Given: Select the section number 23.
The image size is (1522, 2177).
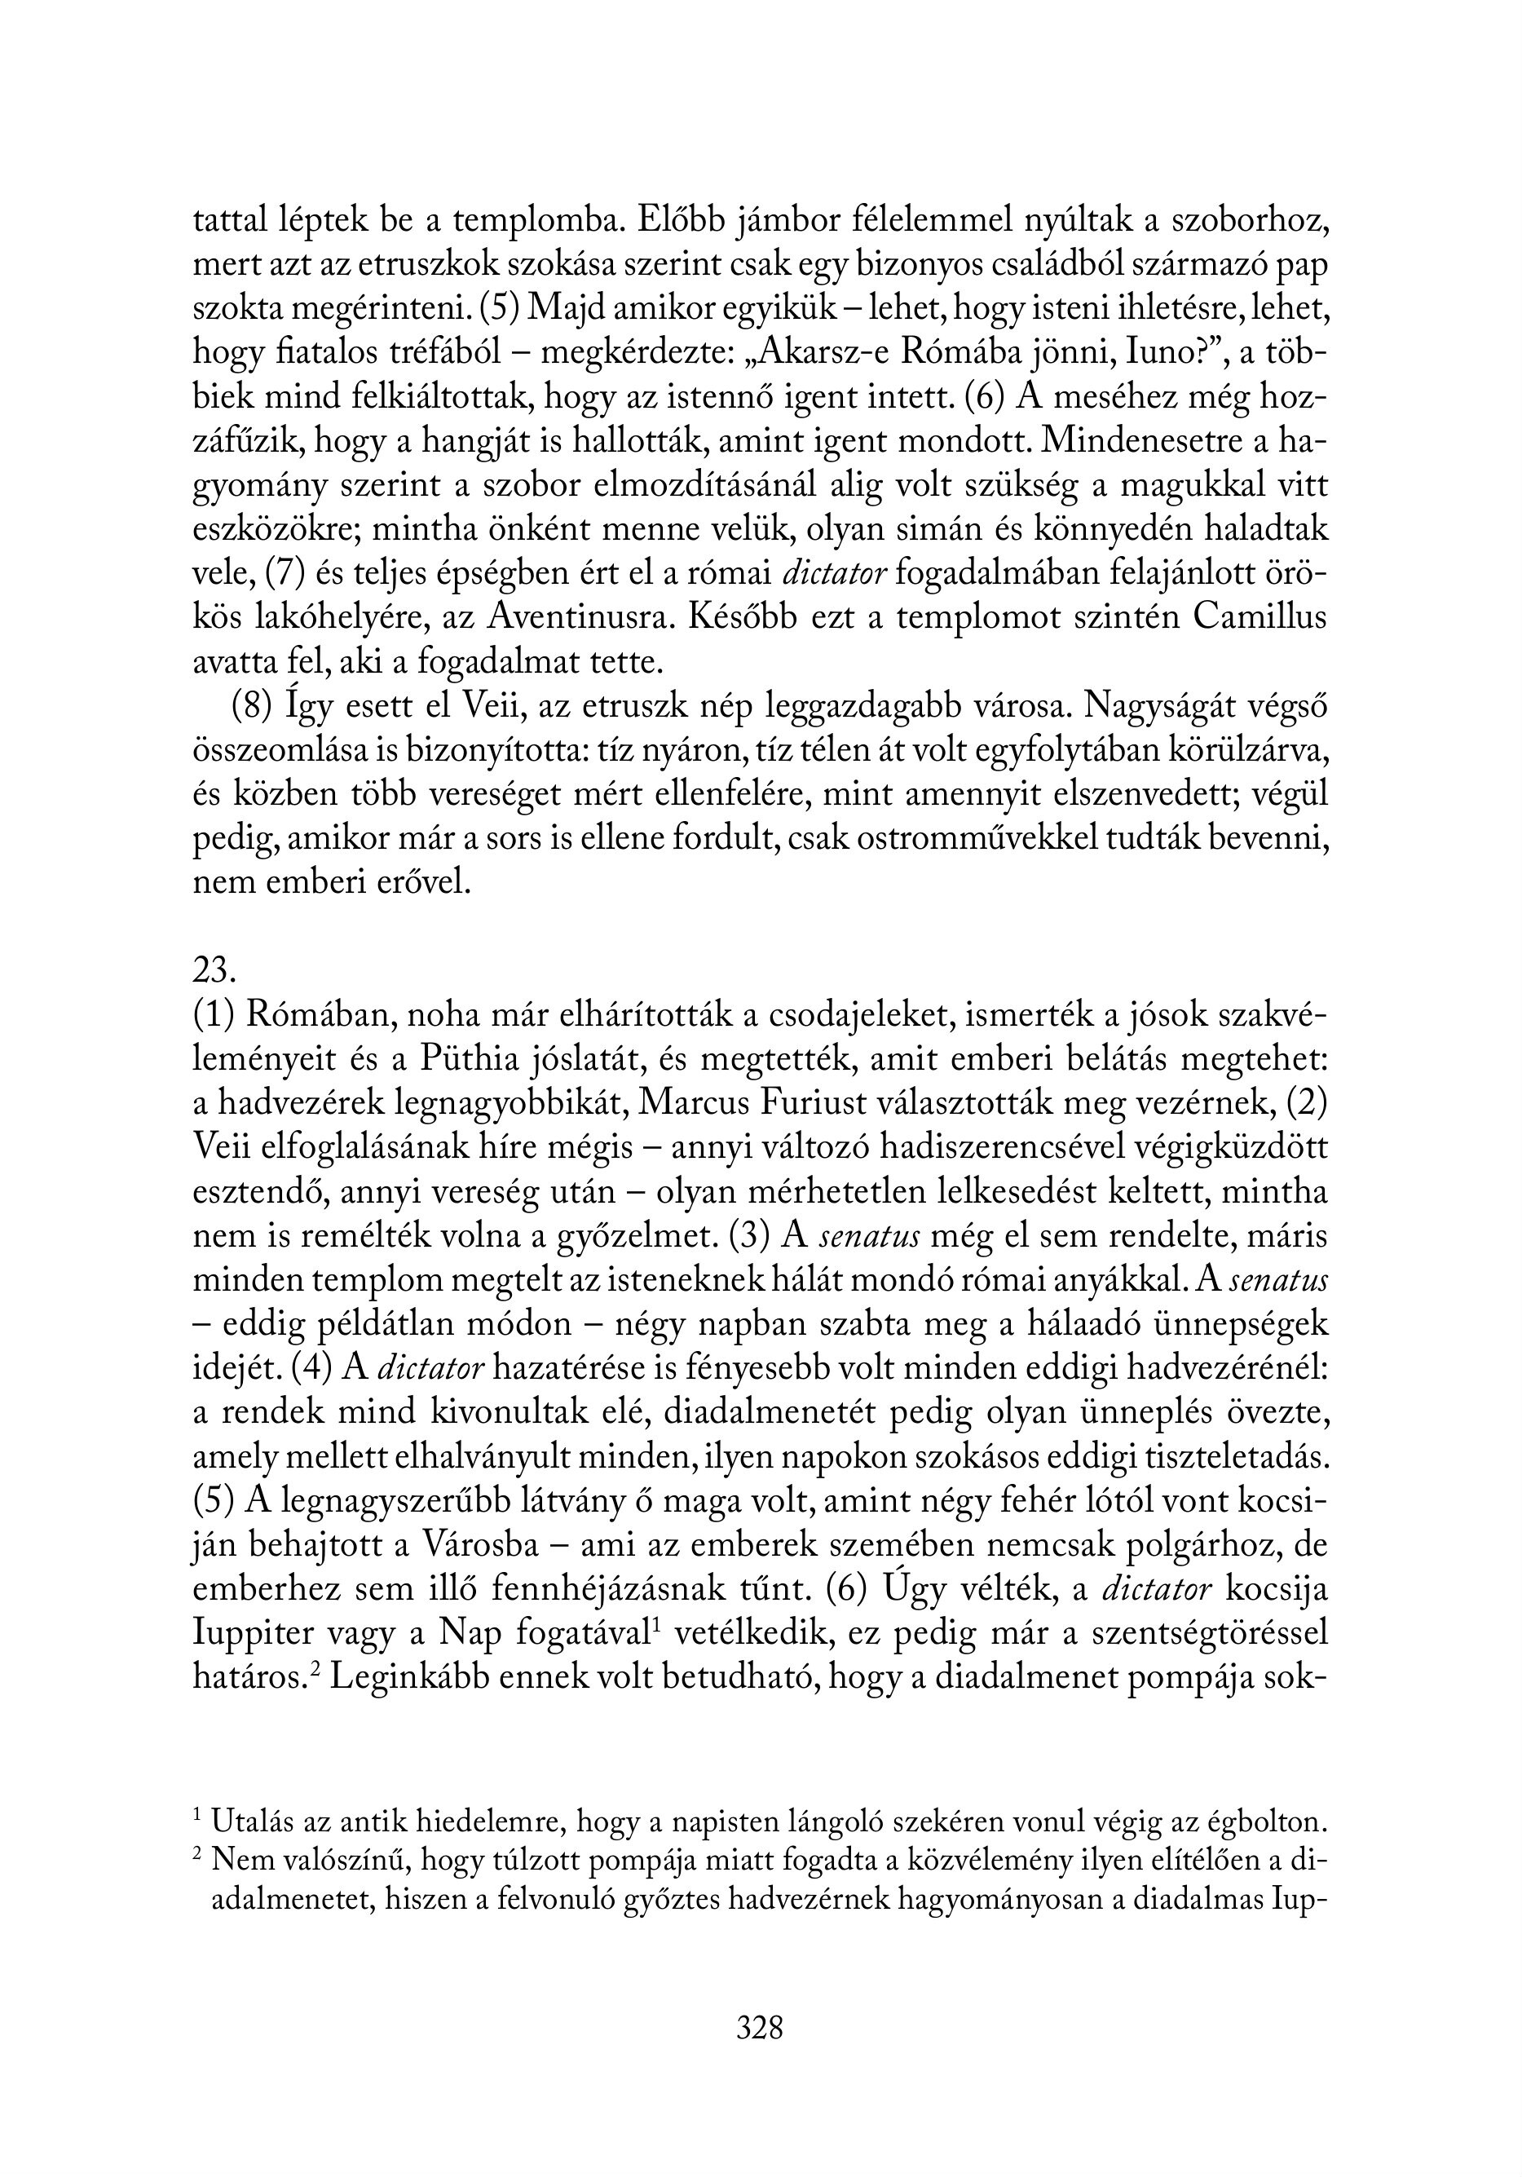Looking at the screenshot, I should pos(214,971).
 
